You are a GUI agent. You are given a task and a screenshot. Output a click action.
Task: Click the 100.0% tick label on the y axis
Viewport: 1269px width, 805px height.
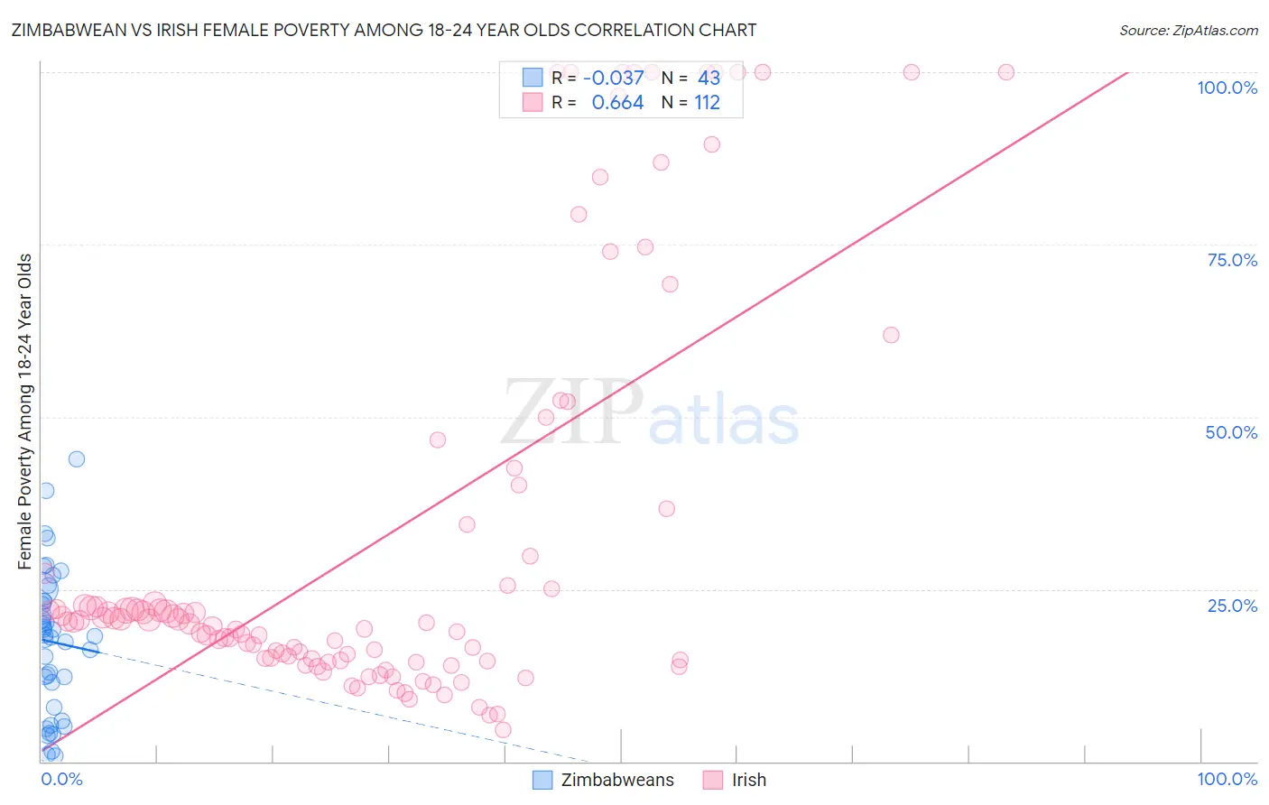[1227, 88]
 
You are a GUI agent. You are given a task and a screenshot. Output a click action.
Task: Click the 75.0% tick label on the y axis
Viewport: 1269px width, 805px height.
[1232, 260]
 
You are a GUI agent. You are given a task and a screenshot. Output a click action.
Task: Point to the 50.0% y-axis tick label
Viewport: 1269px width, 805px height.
[1231, 432]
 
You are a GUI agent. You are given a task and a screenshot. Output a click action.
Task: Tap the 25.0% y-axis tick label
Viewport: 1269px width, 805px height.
[1232, 606]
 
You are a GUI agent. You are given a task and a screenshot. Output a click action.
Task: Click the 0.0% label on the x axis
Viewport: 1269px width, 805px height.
[61, 779]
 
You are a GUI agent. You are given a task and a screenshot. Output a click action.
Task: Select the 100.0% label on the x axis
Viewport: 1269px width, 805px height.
[1227, 779]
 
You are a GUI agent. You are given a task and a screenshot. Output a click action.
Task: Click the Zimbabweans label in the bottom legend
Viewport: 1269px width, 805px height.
[617, 780]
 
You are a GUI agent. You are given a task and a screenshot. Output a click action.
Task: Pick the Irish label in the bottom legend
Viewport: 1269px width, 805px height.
[749, 780]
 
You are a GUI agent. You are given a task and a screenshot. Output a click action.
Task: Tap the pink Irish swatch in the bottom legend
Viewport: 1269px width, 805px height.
[713, 780]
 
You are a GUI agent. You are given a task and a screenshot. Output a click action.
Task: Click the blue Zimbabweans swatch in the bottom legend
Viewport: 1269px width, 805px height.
[542, 780]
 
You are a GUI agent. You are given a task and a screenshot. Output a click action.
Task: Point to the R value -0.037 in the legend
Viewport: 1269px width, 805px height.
[614, 78]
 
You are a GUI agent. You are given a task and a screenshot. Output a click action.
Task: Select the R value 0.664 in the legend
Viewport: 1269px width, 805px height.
[617, 103]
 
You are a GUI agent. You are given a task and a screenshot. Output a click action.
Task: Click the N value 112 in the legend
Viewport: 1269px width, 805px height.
[708, 103]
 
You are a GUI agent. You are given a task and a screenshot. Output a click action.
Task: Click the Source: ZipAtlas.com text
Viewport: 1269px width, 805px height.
[1189, 30]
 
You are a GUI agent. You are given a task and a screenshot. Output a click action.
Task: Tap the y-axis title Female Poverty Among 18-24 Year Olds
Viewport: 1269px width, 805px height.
[25, 412]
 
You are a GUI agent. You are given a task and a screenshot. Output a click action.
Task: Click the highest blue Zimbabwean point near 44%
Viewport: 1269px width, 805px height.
[77, 458]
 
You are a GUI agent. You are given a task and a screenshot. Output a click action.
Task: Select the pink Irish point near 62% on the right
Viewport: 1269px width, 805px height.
[891, 335]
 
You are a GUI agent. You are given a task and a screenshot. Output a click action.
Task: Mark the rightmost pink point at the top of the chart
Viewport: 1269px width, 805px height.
[1006, 72]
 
